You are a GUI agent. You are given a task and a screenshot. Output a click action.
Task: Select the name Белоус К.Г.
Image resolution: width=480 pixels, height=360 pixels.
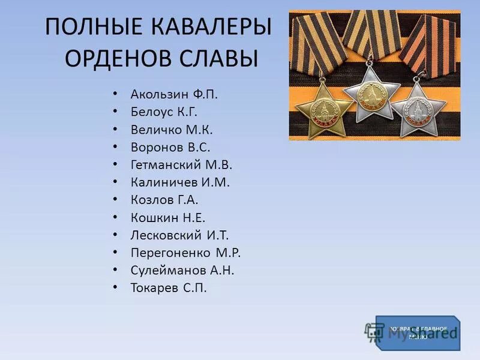(163, 112)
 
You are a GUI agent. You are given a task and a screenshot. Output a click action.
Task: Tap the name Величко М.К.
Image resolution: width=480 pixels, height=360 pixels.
(172, 129)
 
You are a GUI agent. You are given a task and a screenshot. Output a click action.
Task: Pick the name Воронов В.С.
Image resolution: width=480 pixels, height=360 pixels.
(170, 146)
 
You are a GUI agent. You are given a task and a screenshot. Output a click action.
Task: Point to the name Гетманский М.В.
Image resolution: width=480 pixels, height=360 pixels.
(181, 164)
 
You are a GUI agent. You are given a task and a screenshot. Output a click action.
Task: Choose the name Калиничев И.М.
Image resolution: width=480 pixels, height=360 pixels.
(180, 182)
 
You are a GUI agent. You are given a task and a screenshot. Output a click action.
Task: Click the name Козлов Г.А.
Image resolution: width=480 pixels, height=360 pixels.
(164, 200)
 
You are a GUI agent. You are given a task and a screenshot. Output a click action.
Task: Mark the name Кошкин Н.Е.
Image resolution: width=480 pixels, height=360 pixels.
(167, 217)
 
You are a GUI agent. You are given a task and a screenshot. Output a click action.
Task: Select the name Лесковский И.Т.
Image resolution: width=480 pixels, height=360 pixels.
(179, 235)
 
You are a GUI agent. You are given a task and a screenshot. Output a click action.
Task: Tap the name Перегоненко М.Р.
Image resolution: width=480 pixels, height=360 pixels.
(185, 253)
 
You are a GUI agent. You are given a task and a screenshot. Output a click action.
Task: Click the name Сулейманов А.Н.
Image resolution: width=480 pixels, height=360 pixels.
(182, 270)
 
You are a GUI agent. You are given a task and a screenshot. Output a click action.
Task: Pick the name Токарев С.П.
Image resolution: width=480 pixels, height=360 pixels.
(168, 288)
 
